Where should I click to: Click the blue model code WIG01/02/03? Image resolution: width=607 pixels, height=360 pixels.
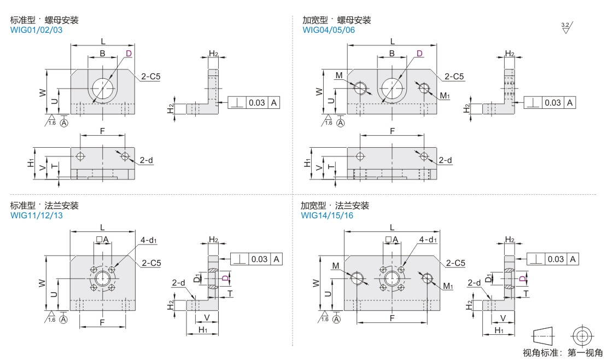pos(36,30)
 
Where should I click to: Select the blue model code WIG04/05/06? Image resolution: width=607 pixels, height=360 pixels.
pos(329,30)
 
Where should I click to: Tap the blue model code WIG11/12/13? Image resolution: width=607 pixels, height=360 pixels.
pos(37,216)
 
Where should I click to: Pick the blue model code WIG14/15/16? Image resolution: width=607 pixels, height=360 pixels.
pos(327,216)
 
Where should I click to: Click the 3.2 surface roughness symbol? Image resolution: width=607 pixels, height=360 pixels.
pos(567,27)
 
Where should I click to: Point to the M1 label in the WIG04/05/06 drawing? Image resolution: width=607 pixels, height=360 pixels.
pos(445,96)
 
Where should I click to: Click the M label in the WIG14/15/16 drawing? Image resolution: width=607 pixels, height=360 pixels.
pos(336,266)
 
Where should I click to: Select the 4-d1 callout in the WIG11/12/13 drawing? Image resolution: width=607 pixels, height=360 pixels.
pos(149,240)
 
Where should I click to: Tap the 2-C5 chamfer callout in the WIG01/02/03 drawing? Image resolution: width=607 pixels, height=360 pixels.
pos(150,77)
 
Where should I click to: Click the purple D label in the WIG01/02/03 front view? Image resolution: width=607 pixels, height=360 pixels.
pos(129,54)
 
